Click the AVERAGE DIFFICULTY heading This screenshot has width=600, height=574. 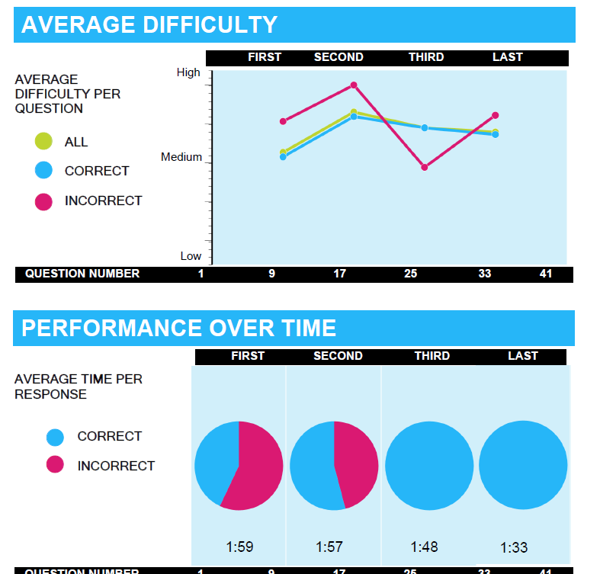point(149,25)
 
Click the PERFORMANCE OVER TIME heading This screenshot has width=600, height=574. point(178,328)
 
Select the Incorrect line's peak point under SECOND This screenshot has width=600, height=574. point(354,85)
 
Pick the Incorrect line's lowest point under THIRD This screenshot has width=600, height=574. point(424,167)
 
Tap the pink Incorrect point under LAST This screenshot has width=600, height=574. point(496,115)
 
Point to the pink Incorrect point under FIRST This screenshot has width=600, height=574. point(283,121)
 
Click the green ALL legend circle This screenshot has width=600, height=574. point(43,142)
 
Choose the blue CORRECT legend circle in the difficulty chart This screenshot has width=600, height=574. point(43,171)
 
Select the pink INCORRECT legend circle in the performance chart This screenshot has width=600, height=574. point(55,466)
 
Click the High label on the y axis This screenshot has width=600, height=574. point(188,72)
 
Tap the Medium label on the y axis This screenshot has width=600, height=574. point(181,157)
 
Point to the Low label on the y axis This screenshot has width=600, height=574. point(191,256)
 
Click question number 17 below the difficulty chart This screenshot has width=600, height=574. point(340,274)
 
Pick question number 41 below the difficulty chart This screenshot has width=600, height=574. point(546,274)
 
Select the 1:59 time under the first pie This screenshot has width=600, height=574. point(239,547)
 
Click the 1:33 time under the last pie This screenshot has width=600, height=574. point(514,547)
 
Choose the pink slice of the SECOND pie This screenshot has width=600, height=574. point(357,461)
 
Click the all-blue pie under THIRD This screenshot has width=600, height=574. point(429,465)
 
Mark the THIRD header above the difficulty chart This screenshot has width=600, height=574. point(426,57)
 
